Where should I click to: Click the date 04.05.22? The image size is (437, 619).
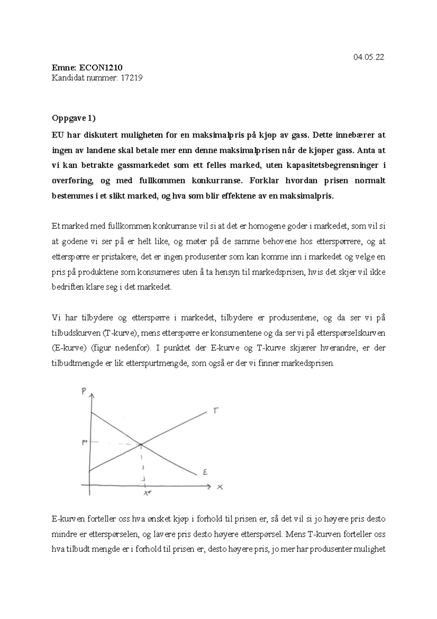tap(369, 57)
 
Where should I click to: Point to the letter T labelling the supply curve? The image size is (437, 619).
tap(216, 411)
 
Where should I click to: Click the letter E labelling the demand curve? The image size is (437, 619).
tap(205, 472)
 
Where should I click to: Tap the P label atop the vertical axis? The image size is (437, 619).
tap(84, 391)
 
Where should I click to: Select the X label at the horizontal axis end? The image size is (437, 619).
tap(220, 487)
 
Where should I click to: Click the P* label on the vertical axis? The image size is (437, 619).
tap(84, 442)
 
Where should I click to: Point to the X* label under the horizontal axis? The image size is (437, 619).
tap(147, 493)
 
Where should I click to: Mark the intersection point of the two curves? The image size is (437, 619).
tap(141, 444)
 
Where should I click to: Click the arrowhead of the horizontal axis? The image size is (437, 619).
tap(209, 486)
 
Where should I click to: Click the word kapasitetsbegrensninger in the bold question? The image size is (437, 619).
tap(333, 166)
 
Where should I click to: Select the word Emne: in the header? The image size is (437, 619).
tap(62, 67)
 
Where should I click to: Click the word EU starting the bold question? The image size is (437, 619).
tap(57, 135)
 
